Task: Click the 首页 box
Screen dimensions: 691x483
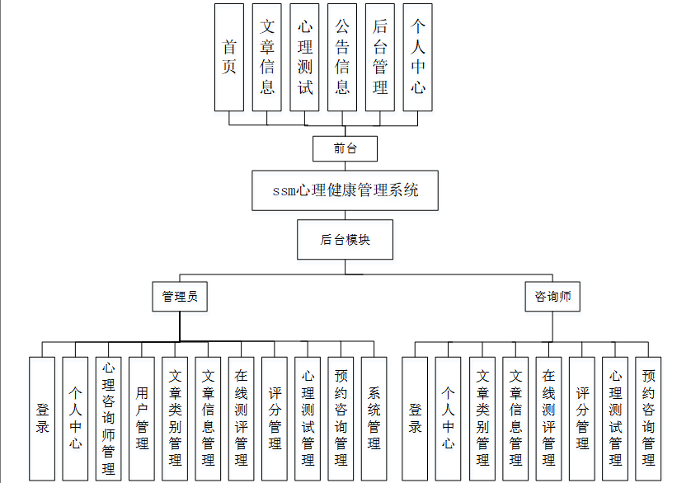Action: tap(229, 58)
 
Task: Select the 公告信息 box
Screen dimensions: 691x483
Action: tap(342, 58)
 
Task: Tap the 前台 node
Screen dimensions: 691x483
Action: tap(345, 148)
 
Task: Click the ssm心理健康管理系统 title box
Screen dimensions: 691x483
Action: tap(345, 190)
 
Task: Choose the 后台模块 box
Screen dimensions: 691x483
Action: tap(345, 239)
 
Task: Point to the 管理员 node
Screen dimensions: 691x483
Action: tap(180, 297)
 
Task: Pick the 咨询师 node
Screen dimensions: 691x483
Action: tap(552, 297)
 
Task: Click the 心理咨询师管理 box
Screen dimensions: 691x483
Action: tap(108, 419)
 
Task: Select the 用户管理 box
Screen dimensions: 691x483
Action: tap(142, 419)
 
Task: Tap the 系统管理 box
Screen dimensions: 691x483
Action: tap(374, 419)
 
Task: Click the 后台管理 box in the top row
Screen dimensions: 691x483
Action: tap(380, 58)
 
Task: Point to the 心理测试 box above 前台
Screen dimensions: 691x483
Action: tap(304, 58)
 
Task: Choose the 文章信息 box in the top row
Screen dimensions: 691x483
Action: tap(266, 58)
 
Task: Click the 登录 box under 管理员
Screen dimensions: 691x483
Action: tap(42, 419)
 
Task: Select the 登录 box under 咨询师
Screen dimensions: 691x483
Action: tap(415, 419)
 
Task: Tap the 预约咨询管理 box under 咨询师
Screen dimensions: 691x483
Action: tap(648, 419)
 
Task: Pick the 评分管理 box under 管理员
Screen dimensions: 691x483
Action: tap(275, 419)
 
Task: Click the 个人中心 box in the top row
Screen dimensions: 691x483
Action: tap(418, 58)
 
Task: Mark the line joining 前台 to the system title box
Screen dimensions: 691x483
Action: tap(345, 166)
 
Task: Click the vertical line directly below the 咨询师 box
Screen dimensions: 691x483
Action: tap(552, 326)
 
